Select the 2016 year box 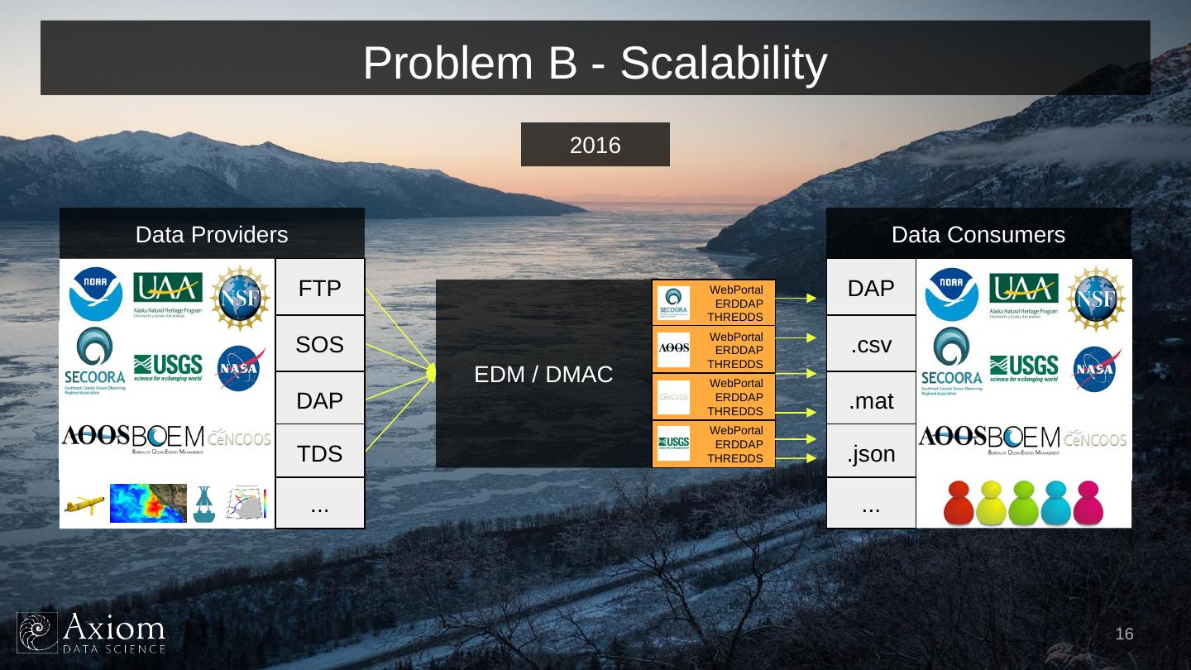pyautogui.click(x=595, y=145)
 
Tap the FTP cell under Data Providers pyautogui.click(x=319, y=288)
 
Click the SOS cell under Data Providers pyautogui.click(x=319, y=344)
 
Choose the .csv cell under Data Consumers pyautogui.click(x=871, y=344)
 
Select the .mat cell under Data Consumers pyautogui.click(x=871, y=400)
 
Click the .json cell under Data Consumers pyautogui.click(x=871, y=453)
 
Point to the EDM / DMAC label pyautogui.click(x=543, y=375)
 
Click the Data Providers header pyautogui.click(x=212, y=234)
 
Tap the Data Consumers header pyautogui.click(x=978, y=234)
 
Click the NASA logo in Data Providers pyautogui.click(x=241, y=367)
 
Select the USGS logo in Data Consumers pyautogui.click(x=1023, y=366)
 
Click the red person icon pyautogui.click(x=959, y=502)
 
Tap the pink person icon pyautogui.click(x=1088, y=502)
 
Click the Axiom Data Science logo pyautogui.click(x=91, y=633)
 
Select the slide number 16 pyautogui.click(x=1124, y=634)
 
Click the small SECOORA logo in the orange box pyautogui.click(x=673, y=303)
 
